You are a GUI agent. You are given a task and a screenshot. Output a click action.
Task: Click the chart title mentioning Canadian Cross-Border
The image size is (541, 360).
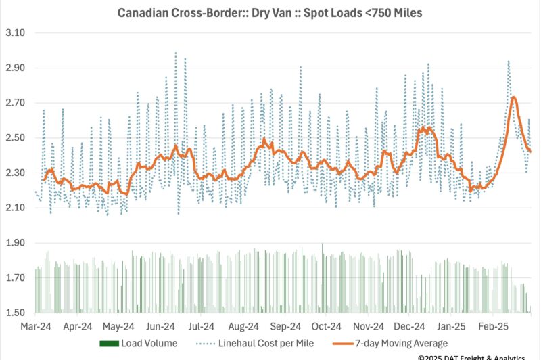pyautogui.click(x=270, y=13)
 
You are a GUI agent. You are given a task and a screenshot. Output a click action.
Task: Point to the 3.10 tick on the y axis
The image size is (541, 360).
pyautogui.click(x=14, y=33)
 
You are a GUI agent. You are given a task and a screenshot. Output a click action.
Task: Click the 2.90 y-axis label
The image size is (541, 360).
pyautogui.click(x=14, y=68)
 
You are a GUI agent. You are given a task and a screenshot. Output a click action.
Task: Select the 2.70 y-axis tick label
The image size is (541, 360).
pyautogui.click(x=14, y=103)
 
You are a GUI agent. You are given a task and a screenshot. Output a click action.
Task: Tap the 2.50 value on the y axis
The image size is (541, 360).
pyautogui.click(x=14, y=138)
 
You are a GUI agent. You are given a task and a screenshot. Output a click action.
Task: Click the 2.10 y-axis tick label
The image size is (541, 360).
pyautogui.click(x=14, y=208)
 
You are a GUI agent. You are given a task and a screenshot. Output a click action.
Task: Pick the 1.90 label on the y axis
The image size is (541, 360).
pyautogui.click(x=14, y=243)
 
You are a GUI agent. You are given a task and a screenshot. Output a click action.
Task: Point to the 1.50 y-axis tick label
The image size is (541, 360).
pyautogui.click(x=14, y=313)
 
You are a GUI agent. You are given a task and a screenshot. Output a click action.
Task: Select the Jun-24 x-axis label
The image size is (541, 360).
pyautogui.click(x=161, y=325)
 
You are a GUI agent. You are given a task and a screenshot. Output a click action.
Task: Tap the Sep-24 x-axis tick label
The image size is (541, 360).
pyautogui.click(x=287, y=325)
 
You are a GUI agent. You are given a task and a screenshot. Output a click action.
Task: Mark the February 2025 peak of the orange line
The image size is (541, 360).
pyautogui.click(x=513, y=97)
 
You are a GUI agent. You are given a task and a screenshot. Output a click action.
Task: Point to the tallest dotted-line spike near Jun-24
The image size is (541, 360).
pyautogui.click(x=176, y=53)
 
